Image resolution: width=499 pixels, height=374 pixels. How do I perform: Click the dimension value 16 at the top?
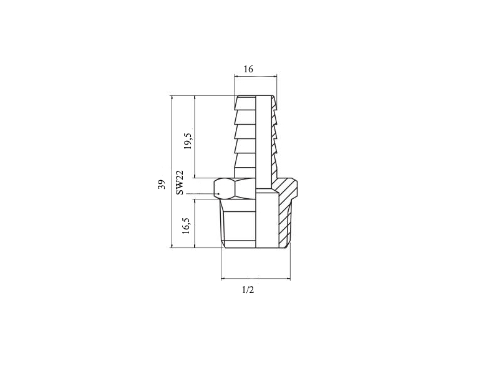(248, 69)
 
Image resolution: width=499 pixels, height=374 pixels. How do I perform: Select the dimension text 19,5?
(188, 141)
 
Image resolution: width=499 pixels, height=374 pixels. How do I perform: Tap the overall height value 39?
(162, 185)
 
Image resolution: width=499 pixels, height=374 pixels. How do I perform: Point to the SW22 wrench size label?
(180, 183)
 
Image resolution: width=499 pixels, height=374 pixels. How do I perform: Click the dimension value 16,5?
(186, 226)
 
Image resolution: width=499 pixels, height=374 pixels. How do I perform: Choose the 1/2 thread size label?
(248, 290)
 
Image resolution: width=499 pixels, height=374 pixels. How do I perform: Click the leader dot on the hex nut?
(219, 194)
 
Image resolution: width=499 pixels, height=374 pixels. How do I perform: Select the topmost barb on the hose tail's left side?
(245, 102)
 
